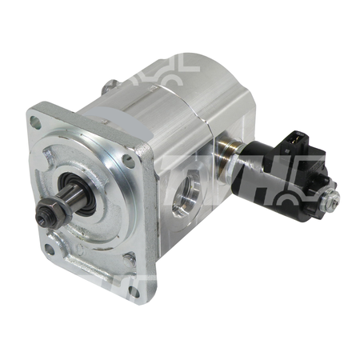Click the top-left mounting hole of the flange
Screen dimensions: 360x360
coord(35,122)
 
